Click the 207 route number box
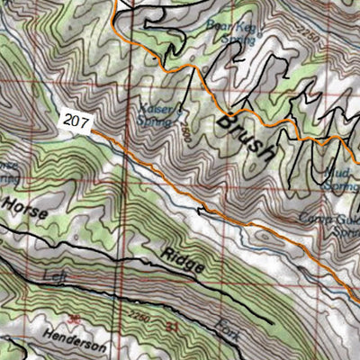[76, 119]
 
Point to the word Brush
[244, 134]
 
